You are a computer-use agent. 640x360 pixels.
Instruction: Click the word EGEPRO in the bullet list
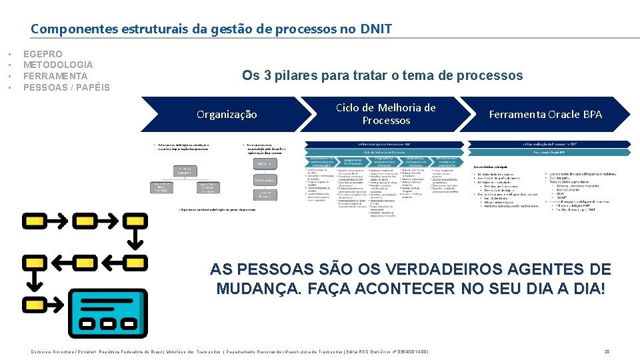[x=43, y=54]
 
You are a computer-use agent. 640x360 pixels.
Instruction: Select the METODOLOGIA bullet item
[x=58, y=65]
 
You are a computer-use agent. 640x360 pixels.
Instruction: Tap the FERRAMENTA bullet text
[x=55, y=76]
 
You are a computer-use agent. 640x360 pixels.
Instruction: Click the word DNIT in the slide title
[x=376, y=29]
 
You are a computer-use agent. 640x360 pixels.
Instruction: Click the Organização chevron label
[x=227, y=115]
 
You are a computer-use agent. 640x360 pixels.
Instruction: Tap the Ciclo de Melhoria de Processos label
[x=386, y=114]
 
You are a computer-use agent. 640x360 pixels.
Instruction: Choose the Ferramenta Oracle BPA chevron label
[x=545, y=115]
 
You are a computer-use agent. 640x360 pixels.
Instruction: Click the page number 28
[x=607, y=351]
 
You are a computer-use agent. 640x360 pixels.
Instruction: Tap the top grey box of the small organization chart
[x=185, y=170]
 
